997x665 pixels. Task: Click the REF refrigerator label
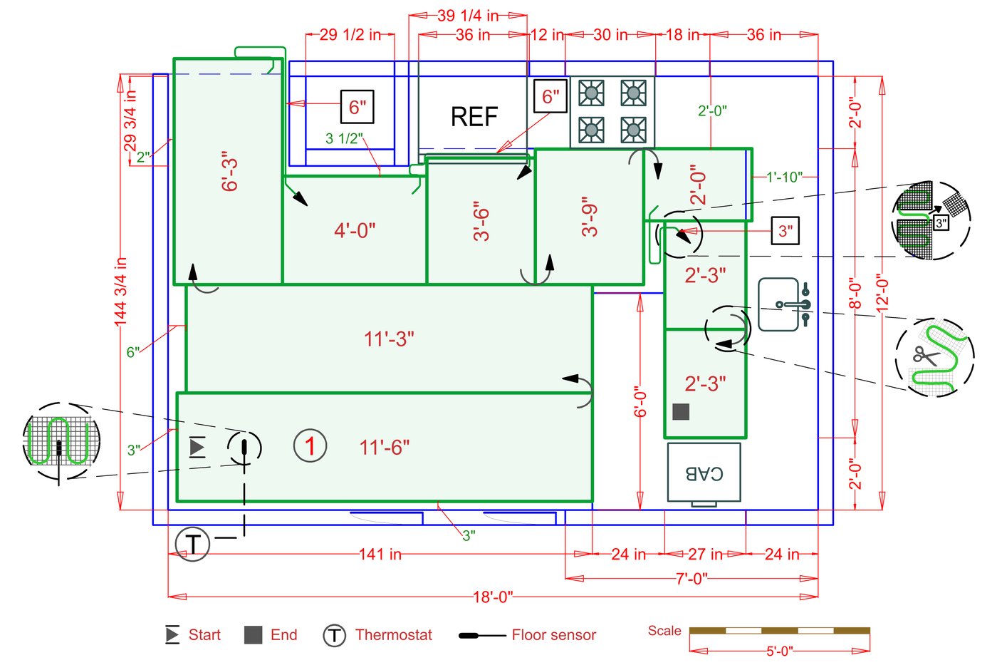pyautogui.click(x=474, y=117)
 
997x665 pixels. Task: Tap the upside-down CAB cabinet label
pyautogui.click(x=704, y=473)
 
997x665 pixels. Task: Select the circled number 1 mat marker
pyautogui.click(x=310, y=446)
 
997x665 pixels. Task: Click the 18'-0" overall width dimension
pyautogui.click(x=493, y=597)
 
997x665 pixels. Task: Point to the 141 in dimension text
pyautogui.click(x=380, y=554)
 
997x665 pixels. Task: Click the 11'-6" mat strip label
pyautogui.click(x=385, y=448)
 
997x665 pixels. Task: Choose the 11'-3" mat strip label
pyautogui.click(x=389, y=339)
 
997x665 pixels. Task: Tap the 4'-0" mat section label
pyautogui.click(x=355, y=230)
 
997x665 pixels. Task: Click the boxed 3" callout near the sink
pyautogui.click(x=785, y=231)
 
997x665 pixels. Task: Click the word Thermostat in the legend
pyautogui.click(x=393, y=635)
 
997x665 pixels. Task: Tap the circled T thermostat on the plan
pyautogui.click(x=192, y=544)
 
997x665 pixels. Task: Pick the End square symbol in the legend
pyautogui.click(x=253, y=635)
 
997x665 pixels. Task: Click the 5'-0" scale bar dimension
pyautogui.click(x=779, y=651)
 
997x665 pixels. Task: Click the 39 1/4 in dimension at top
pyautogui.click(x=467, y=16)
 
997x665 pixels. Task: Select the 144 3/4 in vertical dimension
pyautogui.click(x=120, y=292)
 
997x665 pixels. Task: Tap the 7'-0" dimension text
pyautogui.click(x=691, y=578)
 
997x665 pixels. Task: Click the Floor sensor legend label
pyautogui.click(x=553, y=635)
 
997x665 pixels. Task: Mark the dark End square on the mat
pyautogui.click(x=681, y=411)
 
